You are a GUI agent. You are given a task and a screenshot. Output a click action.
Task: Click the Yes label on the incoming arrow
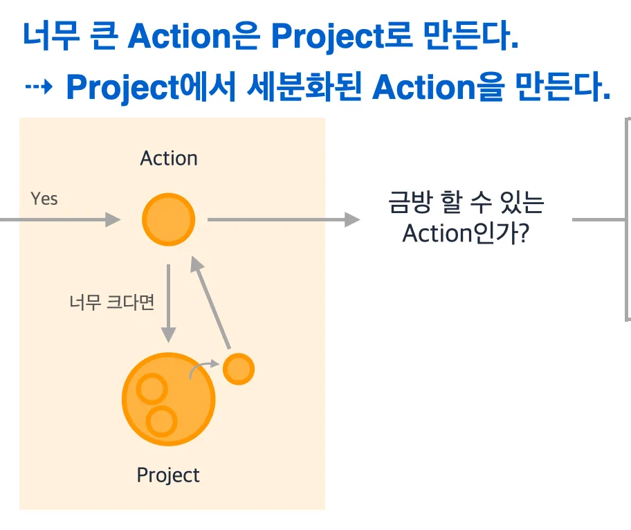[44, 199]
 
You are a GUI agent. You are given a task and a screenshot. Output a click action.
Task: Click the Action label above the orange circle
[169, 158]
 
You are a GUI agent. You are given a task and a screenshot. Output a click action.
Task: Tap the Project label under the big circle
[168, 475]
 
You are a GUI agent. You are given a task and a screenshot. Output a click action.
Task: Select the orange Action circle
[169, 220]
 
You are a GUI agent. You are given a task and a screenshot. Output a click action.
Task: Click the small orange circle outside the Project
[239, 369]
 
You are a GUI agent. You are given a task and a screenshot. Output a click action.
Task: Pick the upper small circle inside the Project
[152, 389]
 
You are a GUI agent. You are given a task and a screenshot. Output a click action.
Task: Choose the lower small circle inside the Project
[162, 421]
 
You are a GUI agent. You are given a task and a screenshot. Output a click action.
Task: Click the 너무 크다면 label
[112, 302]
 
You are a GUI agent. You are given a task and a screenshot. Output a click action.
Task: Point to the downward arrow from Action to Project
[168, 304]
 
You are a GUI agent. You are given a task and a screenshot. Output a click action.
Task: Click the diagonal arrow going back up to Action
[210, 302]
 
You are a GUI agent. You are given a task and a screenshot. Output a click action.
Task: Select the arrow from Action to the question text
[284, 220]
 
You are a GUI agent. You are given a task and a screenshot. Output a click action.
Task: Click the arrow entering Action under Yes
[60, 220]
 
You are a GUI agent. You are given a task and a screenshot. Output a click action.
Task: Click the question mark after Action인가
[524, 233]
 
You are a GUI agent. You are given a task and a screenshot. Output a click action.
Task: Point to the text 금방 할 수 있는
[466, 202]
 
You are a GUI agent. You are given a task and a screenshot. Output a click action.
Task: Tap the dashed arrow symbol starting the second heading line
[39, 86]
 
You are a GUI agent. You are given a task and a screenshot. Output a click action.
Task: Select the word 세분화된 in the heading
[304, 86]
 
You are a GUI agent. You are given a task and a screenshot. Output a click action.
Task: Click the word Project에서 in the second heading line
[151, 88]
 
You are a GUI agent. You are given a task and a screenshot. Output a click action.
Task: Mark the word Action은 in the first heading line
[194, 36]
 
